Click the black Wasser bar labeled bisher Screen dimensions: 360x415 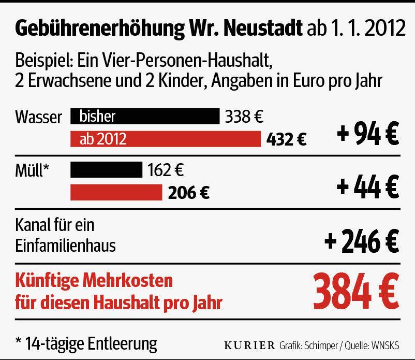pyautogui.click(x=144, y=117)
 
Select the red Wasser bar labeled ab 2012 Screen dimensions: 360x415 pyautogui.click(x=165, y=139)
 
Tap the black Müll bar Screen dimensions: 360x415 pyautogui.click(x=106, y=169)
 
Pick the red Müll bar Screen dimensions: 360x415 pyautogui.click(x=116, y=192)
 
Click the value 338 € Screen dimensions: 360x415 pyautogui.click(x=244, y=117)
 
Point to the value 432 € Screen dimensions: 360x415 pyautogui.click(x=286, y=139)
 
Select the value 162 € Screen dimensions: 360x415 pyautogui.click(x=166, y=169)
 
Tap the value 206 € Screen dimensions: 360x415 pyautogui.click(x=188, y=193)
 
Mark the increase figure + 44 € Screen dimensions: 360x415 pyautogui.click(x=367, y=186)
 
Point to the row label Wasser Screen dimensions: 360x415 pyautogui.click(x=39, y=117)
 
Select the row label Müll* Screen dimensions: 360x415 pyautogui.click(x=32, y=169)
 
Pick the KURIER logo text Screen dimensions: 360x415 pyautogui.click(x=249, y=345)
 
